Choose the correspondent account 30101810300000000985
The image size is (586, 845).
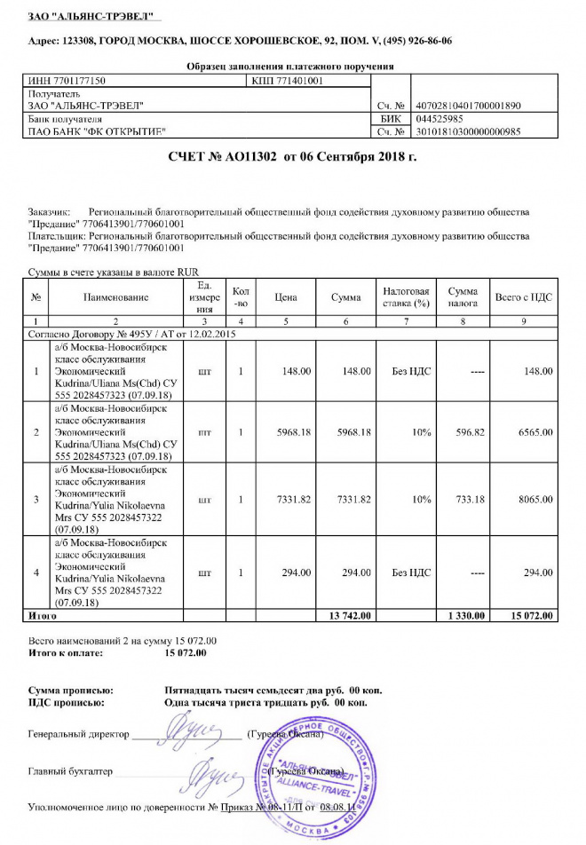[468, 131]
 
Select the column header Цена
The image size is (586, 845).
[285, 297]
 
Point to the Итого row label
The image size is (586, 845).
[44, 614]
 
